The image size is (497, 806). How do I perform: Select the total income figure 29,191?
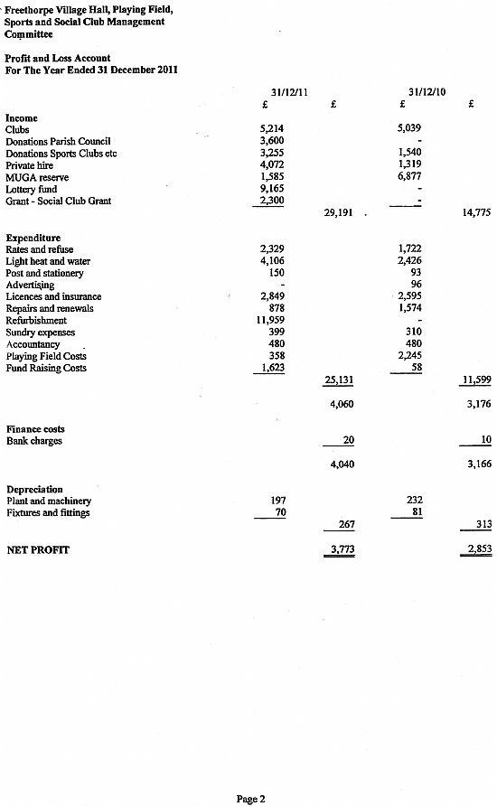[337, 213]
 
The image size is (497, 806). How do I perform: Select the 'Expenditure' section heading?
[33, 238]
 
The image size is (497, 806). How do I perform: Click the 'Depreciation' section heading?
[33, 489]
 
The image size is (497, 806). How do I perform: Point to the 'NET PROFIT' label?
[38, 548]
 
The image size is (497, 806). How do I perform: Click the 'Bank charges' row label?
[33, 441]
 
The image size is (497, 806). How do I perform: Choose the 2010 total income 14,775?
[476, 213]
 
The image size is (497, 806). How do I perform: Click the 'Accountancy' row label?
[33, 344]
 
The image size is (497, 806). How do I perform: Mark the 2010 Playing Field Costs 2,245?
[410, 356]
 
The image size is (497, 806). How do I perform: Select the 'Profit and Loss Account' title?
[57, 59]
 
